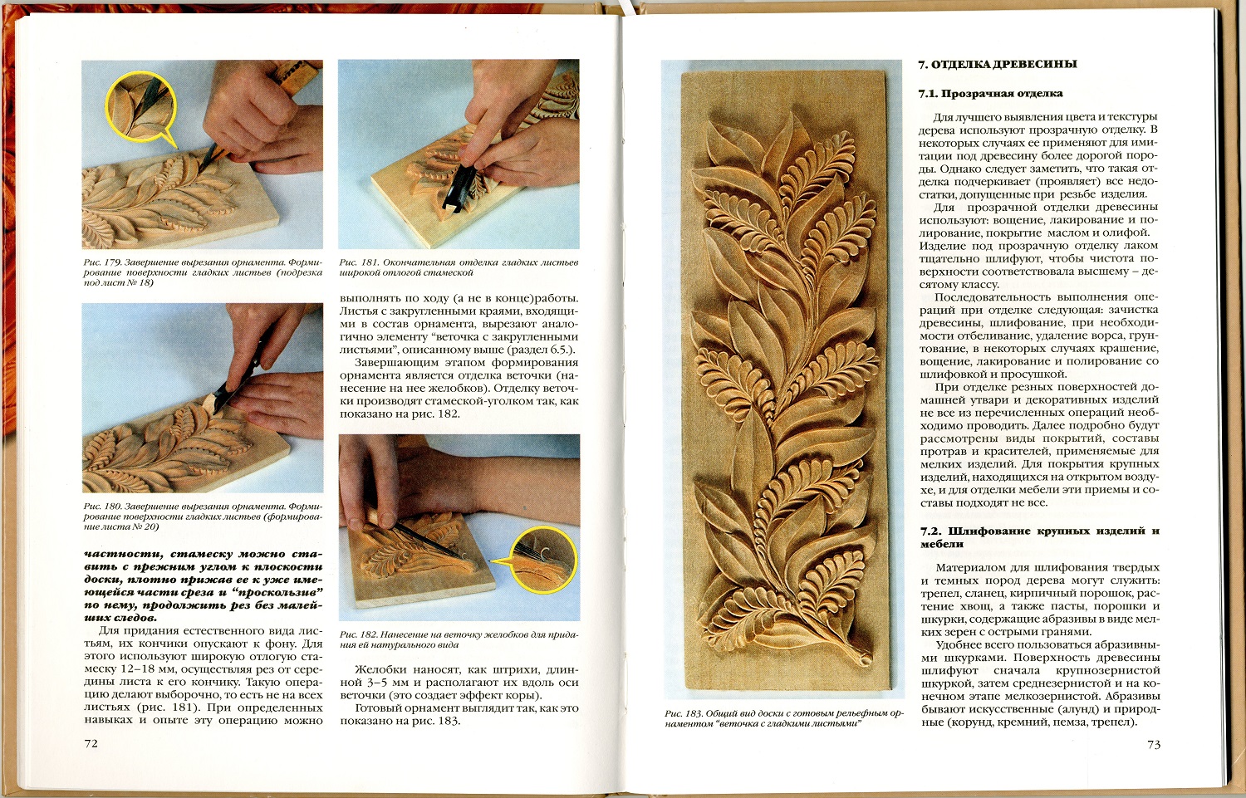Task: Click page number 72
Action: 91,743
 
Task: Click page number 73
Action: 1154,744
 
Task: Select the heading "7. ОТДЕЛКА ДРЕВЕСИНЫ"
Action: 998,65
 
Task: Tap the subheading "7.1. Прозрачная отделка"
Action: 991,94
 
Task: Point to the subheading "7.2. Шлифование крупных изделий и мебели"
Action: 1040,537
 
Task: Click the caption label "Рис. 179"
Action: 102,262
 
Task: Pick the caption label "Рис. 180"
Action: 102,507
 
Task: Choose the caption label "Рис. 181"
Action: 359,262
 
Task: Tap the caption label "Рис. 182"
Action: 360,634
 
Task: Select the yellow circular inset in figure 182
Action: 543,558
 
